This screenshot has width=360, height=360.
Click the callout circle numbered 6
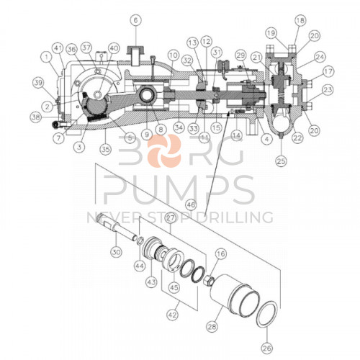pyautogui.click(x=136, y=20)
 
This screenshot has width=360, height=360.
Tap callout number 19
pyautogui.click(x=270, y=32)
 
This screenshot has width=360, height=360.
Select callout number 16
pyautogui.click(x=220, y=253)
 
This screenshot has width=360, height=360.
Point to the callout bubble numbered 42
pyautogui.click(x=171, y=314)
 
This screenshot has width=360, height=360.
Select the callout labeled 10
pyautogui.click(x=172, y=54)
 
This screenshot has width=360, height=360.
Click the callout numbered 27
pyautogui.click(x=171, y=217)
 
